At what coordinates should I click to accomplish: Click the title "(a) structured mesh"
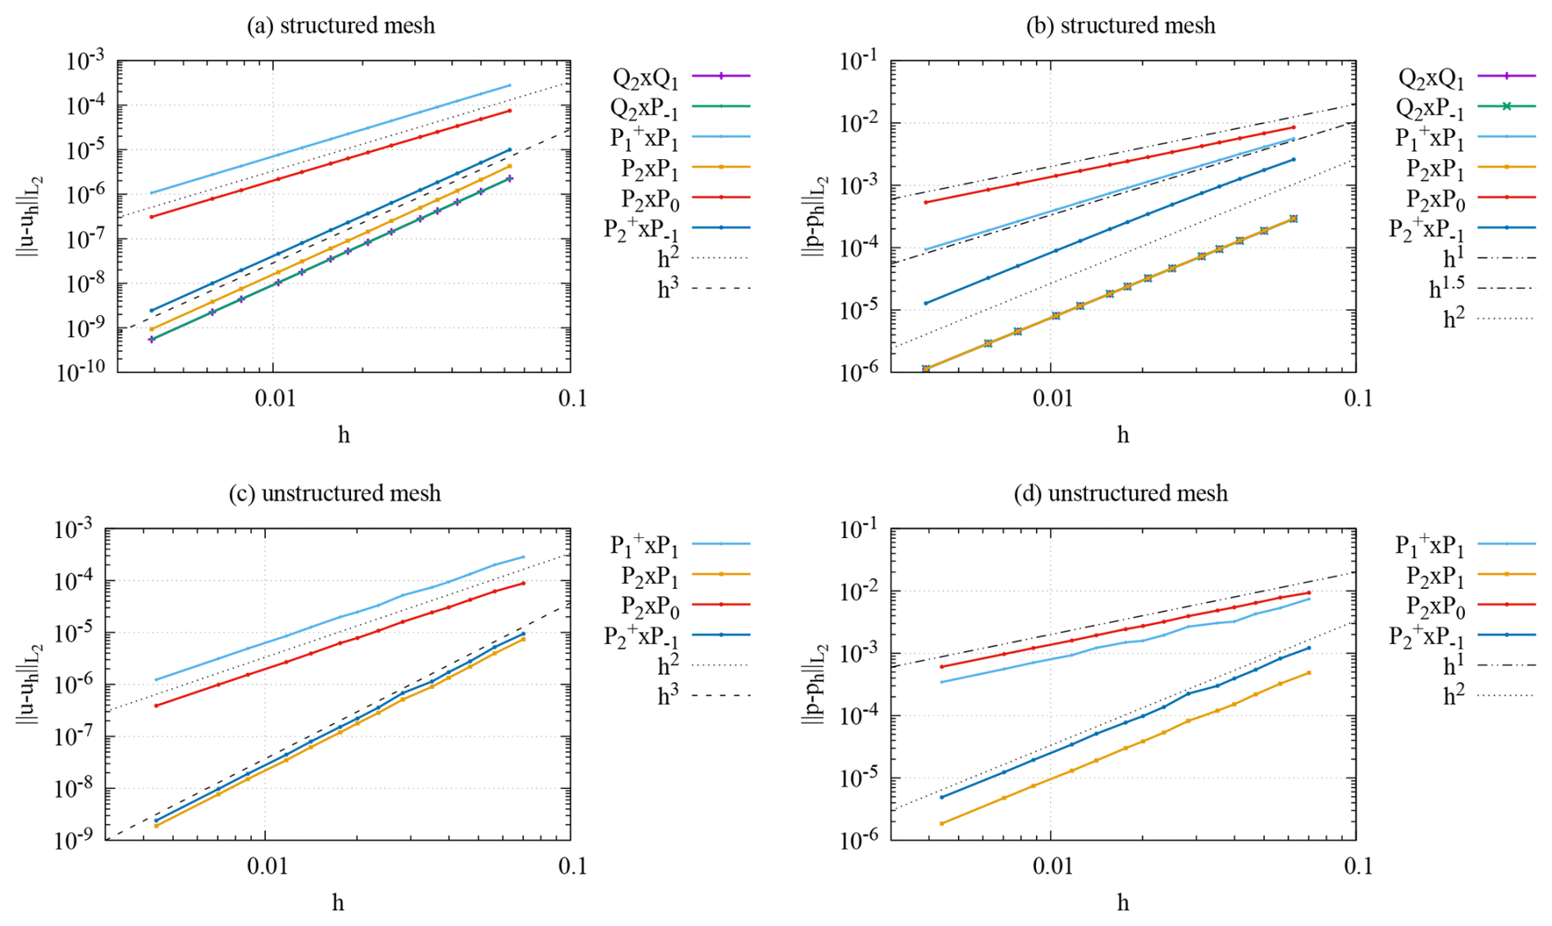pyautogui.click(x=340, y=25)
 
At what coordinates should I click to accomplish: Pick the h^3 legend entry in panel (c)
pyautogui.click(x=668, y=696)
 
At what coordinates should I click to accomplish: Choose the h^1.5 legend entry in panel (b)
pyautogui.click(x=1447, y=289)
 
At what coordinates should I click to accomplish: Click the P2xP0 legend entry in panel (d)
pyautogui.click(x=1436, y=606)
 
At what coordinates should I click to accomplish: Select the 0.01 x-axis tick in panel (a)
pyautogui.click(x=274, y=399)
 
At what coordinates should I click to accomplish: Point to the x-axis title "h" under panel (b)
pyautogui.click(x=1122, y=435)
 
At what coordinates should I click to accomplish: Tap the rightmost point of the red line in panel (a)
pyautogui.click(x=509, y=111)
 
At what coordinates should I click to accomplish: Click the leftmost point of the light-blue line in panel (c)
pyautogui.click(x=156, y=680)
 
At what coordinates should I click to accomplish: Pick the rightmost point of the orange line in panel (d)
pyautogui.click(x=1308, y=673)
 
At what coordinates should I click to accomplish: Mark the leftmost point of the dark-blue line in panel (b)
pyautogui.click(x=926, y=303)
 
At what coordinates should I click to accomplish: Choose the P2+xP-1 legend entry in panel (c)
pyautogui.click(x=641, y=636)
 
